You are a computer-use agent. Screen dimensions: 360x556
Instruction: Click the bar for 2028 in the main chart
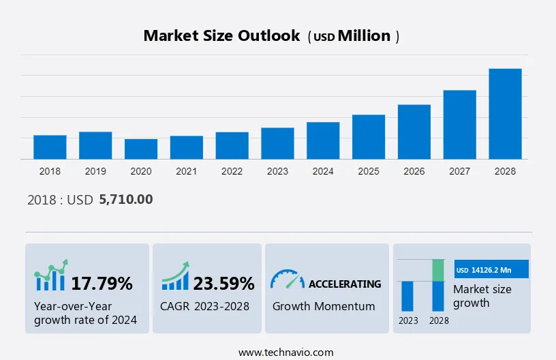tap(505, 114)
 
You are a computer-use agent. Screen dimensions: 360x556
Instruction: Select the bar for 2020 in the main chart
tap(141, 149)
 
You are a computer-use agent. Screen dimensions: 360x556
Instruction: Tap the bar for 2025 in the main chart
tap(369, 137)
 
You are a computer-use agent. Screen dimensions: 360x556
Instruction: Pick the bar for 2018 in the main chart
tap(50, 147)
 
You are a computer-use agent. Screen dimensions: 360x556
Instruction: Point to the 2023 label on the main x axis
tap(277, 171)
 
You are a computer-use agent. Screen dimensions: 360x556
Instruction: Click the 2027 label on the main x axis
tap(459, 171)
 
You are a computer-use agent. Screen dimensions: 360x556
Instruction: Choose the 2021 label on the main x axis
tap(186, 171)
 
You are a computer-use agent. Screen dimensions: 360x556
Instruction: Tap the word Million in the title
tap(365, 36)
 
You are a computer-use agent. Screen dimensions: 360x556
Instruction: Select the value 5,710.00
tap(126, 200)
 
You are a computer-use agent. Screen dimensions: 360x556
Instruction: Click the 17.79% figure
tap(102, 283)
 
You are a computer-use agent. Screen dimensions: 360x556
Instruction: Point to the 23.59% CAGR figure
tap(223, 283)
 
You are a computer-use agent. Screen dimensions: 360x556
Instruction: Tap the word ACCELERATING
tap(345, 284)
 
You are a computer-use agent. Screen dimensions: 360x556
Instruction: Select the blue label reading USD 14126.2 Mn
tap(491, 269)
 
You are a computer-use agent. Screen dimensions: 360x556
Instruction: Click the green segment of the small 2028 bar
tap(439, 270)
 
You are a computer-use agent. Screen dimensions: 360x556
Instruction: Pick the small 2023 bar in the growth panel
tap(407, 296)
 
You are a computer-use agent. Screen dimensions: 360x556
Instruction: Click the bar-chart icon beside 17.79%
tap(51, 276)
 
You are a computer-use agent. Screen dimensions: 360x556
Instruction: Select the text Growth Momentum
tap(324, 306)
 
